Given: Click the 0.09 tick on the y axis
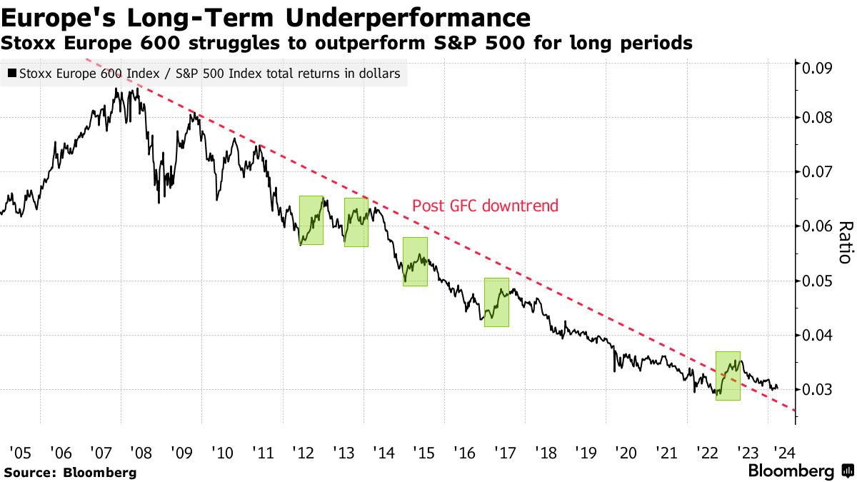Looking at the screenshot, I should click(818, 69).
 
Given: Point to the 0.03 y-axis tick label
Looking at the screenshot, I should click(818, 390).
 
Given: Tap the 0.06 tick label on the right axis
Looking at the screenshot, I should click(818, 226).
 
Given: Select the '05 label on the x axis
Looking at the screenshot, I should click(19, 452).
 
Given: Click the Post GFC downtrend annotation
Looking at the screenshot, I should click(485, 206).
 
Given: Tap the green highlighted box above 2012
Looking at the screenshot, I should click(311, 220).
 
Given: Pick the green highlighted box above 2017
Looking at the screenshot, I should click(496, 302).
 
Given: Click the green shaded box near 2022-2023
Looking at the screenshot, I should click(728, 376).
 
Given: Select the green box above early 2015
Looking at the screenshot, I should click(415, 261).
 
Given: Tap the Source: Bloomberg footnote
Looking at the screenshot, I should click(70, 472).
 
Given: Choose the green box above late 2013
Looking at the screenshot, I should click(356, 222).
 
